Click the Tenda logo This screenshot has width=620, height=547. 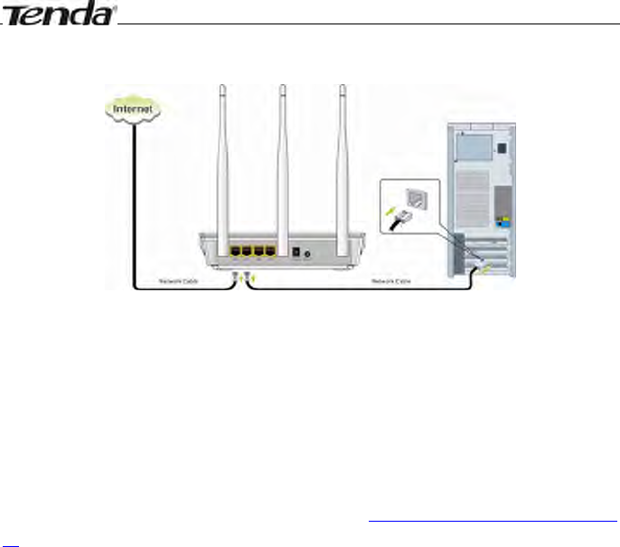pyautogui.click(x=61, y=15)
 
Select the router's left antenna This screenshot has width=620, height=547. pyautogui.click(x=222, y=154)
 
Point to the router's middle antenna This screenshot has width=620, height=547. pyautogui.click(x=283, y=154)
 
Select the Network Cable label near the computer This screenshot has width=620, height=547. pyautogui.click(x=391, y=281)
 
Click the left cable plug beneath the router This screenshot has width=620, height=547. pyautogui.click(x=235, y=275)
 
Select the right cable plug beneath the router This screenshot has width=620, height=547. pyautogui.click(x=247, y=275)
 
